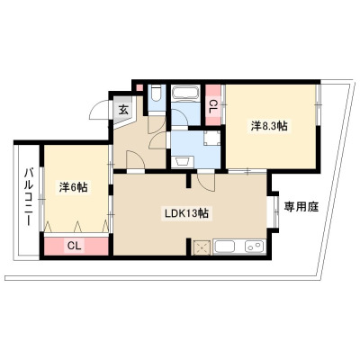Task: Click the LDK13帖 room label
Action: click(x=186, y=213)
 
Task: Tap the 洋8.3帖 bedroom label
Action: click(x=269, y=126)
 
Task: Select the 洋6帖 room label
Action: click(x=73, y=187)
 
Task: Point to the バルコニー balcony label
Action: click(x=29, y=197)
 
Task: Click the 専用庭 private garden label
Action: click(x=301, y=207)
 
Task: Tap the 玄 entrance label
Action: click(x=123, y=110)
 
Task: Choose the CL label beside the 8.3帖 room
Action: click(x=212, y=107)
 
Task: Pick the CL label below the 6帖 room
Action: click(x=74, y=246)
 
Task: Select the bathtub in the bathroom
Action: click(x=185, y=92)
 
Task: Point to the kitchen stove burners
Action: click(x=255, y=247)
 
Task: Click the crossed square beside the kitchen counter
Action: click(x=202, y=247)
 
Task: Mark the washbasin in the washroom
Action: click(x=183, y=162)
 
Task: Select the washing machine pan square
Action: click(x=211, y=138)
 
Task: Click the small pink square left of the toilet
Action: click(x=139, y=88)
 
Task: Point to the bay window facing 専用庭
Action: click(x=275, y=211)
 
